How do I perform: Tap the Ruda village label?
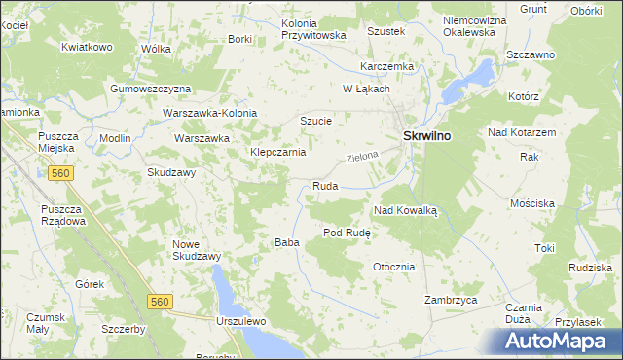tap(324, 186)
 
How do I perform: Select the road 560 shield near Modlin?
tap(60, 173)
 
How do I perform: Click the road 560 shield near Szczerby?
tap(161, 303)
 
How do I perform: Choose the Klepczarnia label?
tap(278, 153)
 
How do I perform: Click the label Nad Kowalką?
tap(407, 210)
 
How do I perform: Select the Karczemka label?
tap(386, 66)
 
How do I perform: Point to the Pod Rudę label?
tap(345, 233)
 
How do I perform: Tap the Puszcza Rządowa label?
tap(63, 215)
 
